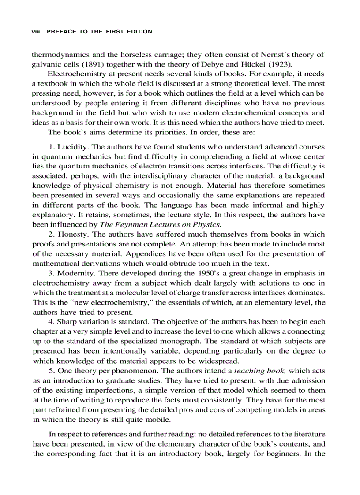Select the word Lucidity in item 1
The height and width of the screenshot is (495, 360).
(x=69, y=147)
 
